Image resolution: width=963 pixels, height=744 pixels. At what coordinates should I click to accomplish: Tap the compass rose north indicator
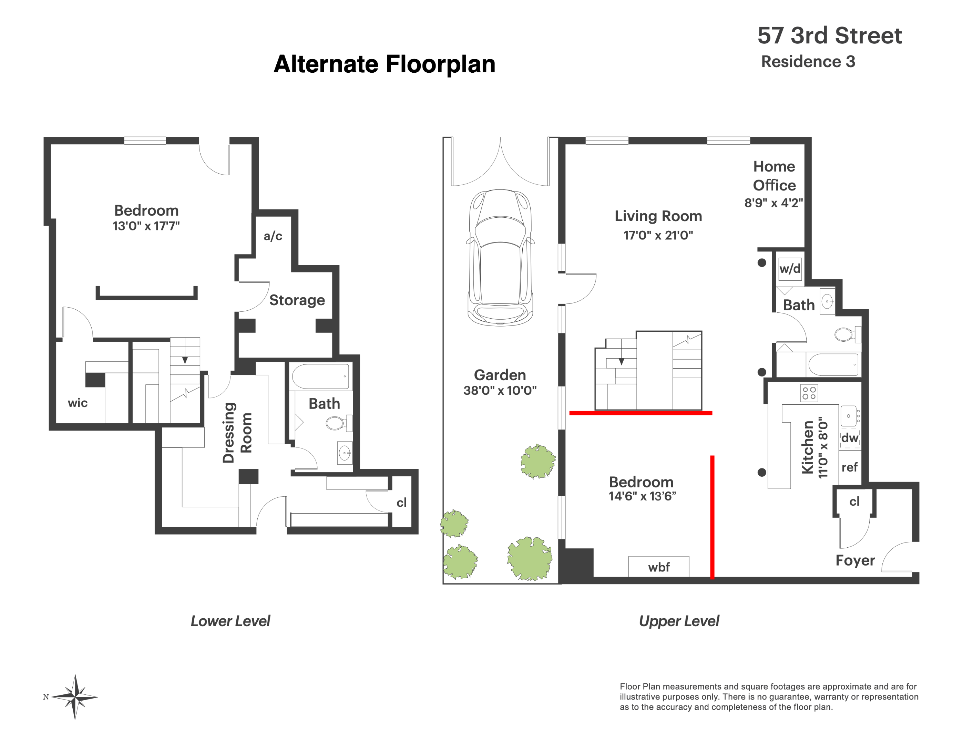46,697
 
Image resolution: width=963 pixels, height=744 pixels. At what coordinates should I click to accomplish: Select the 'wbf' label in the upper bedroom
659,567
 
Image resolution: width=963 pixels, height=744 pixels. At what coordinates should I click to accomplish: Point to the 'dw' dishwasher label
850,438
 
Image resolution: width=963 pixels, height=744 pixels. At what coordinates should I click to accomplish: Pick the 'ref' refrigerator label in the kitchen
849,467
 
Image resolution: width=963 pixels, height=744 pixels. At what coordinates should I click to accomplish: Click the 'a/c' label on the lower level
273,236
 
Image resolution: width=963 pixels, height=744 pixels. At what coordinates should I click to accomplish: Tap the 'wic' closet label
78,403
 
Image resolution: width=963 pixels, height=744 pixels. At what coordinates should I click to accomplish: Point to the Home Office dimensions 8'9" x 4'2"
774,203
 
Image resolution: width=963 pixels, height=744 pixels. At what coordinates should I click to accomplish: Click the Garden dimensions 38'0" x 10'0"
500,391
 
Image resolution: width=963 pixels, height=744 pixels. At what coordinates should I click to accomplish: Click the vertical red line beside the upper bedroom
712,517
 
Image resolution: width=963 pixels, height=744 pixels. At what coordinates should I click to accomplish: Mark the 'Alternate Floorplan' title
385,64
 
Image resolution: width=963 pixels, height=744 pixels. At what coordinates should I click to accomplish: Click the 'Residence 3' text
808,62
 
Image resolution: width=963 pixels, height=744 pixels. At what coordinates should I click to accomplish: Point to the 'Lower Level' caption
230,621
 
